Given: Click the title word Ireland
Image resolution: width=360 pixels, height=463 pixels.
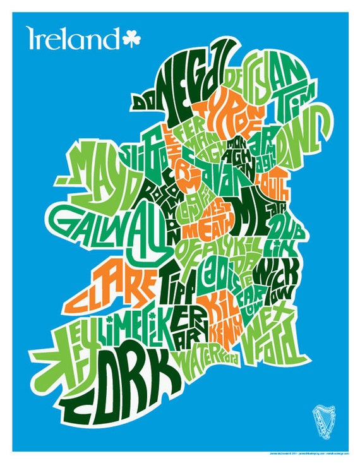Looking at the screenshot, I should click(x=72, y=39).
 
